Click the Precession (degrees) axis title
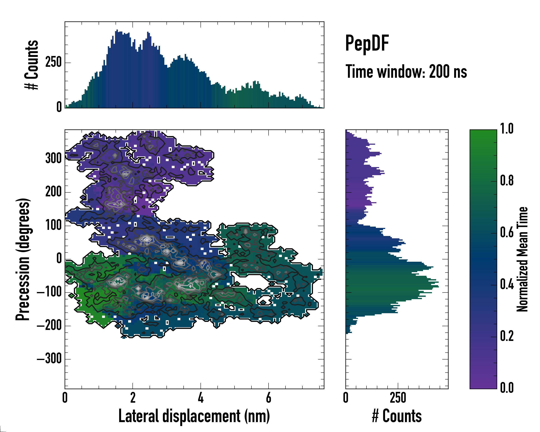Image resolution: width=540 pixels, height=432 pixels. click(x=23, y=259)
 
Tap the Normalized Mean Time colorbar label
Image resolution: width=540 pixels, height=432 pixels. click(x=522, y=259)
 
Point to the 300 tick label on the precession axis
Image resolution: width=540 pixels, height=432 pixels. click(x=53, y=159)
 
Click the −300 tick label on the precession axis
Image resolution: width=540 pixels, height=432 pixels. click(x=49, y=359)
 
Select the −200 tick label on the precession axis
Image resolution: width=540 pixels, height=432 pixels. click(x=49, y=326)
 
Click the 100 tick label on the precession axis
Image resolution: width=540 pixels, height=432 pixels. click(x=53, y=225)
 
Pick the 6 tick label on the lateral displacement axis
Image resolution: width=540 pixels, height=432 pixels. click(x=269, y=398)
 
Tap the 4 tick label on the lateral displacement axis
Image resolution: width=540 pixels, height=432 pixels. click(x=201, y=398)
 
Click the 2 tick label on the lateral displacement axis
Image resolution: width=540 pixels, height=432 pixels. click(x=133, y=398)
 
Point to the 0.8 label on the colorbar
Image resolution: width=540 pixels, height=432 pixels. click(x=507, y=181)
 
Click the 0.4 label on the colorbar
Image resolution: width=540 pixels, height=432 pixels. click(x=507, y=285)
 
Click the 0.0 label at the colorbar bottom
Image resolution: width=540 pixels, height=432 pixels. click(x=507, y=388)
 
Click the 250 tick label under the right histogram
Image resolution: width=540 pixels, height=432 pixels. click(x=398, y=398)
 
